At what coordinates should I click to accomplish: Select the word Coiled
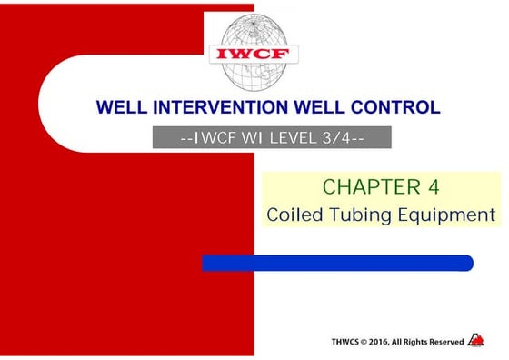296,215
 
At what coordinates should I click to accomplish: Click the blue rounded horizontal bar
337,263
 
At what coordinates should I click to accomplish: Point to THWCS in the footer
350,342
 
